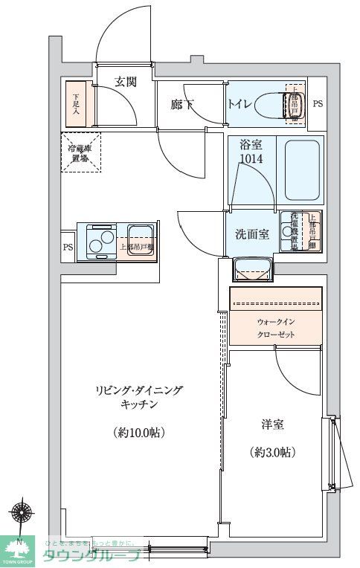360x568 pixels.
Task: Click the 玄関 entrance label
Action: (125, 83)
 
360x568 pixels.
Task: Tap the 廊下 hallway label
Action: (181, 105)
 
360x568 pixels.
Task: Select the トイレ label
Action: (239, 105)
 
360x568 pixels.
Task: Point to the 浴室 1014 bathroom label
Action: (251, 152)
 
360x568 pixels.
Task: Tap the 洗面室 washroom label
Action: (251, 234)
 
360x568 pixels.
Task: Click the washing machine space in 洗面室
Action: (293, 232)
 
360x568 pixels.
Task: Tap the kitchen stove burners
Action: (100, 241)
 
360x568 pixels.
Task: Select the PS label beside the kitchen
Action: (68, 248)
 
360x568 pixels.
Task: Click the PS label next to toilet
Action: (317, 105)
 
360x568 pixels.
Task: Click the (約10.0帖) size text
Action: (139, 432)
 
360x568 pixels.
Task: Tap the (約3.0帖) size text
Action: (272, 451)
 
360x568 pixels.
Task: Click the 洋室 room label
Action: (271, 425)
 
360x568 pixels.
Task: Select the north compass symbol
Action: (20, 514)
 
